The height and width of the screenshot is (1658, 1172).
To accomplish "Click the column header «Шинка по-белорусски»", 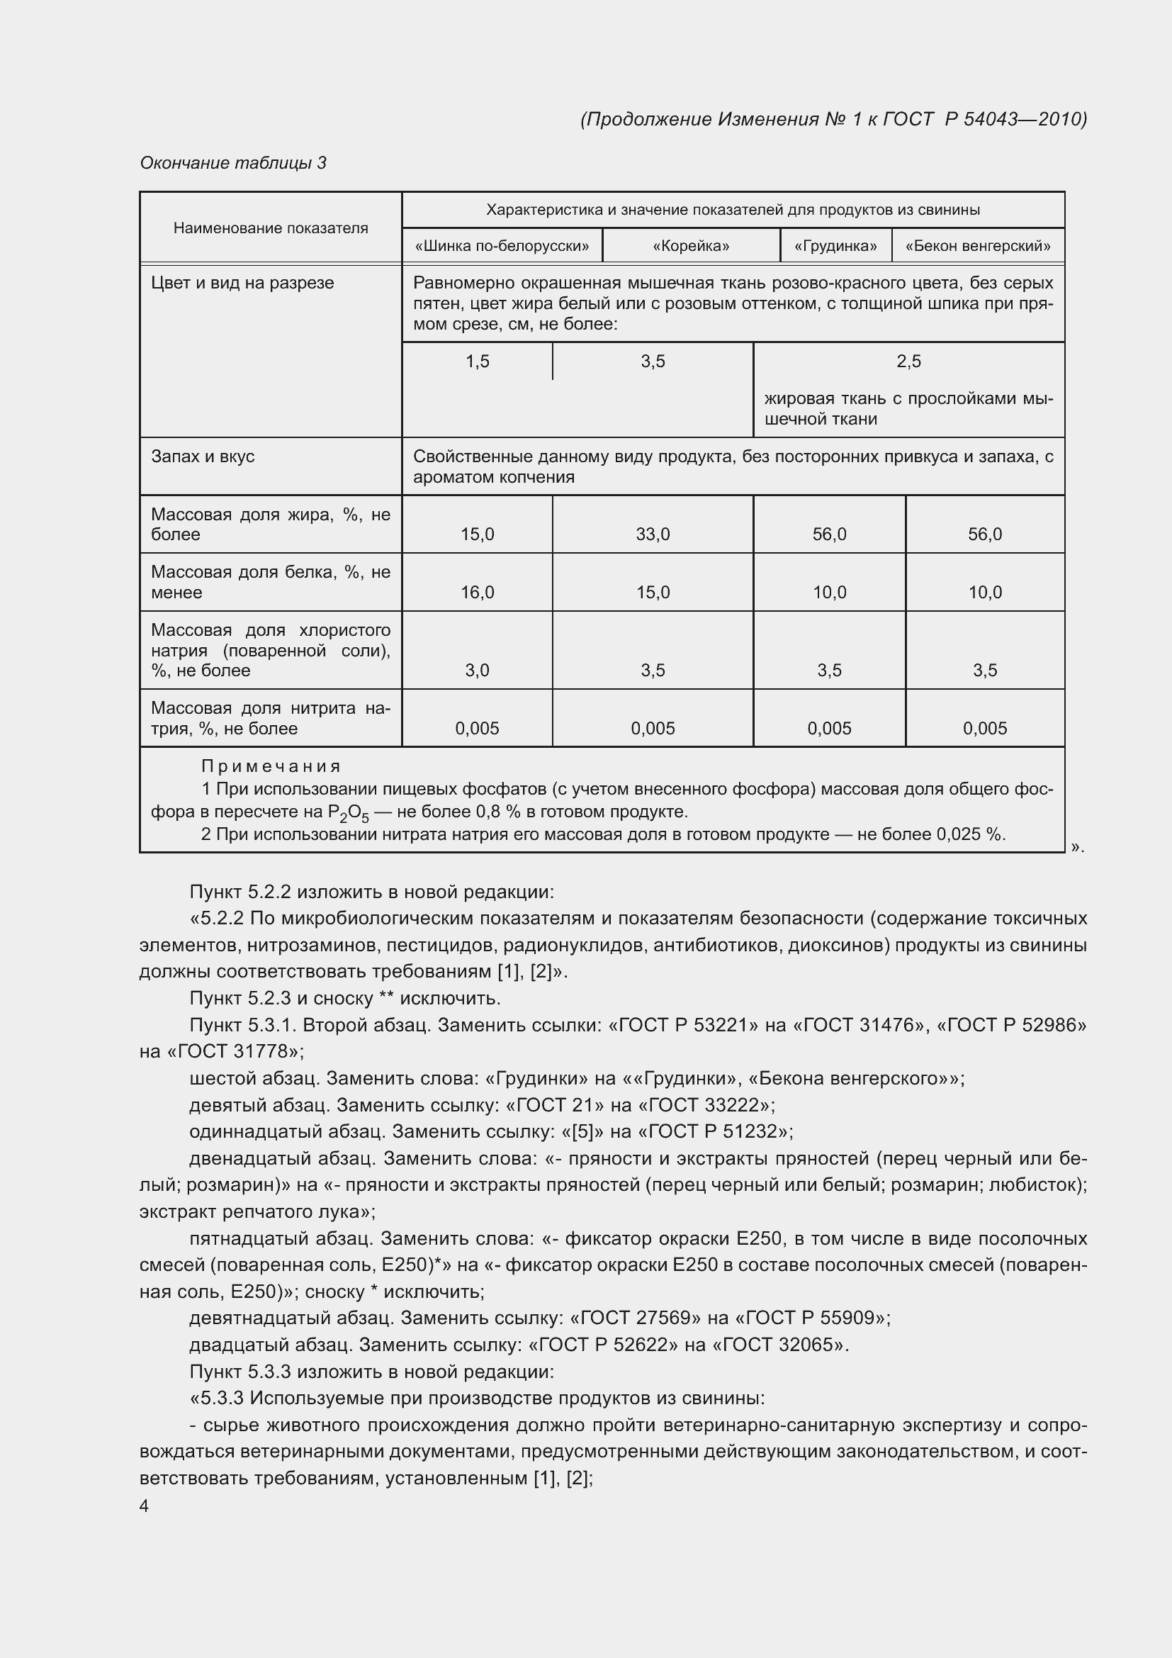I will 502,246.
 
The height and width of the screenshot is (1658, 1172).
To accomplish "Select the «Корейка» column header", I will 691,246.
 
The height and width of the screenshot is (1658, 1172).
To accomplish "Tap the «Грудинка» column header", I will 835,246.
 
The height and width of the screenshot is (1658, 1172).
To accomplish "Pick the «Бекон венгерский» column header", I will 978,246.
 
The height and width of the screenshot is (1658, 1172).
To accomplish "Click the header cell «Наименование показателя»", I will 271,228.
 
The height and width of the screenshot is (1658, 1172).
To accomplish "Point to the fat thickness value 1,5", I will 477,362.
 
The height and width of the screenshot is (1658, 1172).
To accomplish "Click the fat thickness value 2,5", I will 908,362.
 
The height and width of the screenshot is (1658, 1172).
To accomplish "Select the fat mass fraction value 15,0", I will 477,534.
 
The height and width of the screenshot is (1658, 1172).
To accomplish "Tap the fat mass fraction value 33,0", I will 653,534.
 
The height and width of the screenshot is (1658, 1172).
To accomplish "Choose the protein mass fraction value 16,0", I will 477,593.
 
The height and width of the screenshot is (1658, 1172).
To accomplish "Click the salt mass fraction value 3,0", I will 477,671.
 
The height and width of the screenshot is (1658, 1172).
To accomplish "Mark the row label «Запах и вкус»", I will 203,456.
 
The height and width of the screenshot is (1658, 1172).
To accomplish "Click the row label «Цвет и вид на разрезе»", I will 242,283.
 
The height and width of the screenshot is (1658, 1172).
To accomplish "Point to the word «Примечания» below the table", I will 271,766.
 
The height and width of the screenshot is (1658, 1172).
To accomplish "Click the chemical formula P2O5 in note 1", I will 348,814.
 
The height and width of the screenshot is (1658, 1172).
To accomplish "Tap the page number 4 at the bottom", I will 145,1506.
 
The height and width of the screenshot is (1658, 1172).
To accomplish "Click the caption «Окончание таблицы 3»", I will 233,163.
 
